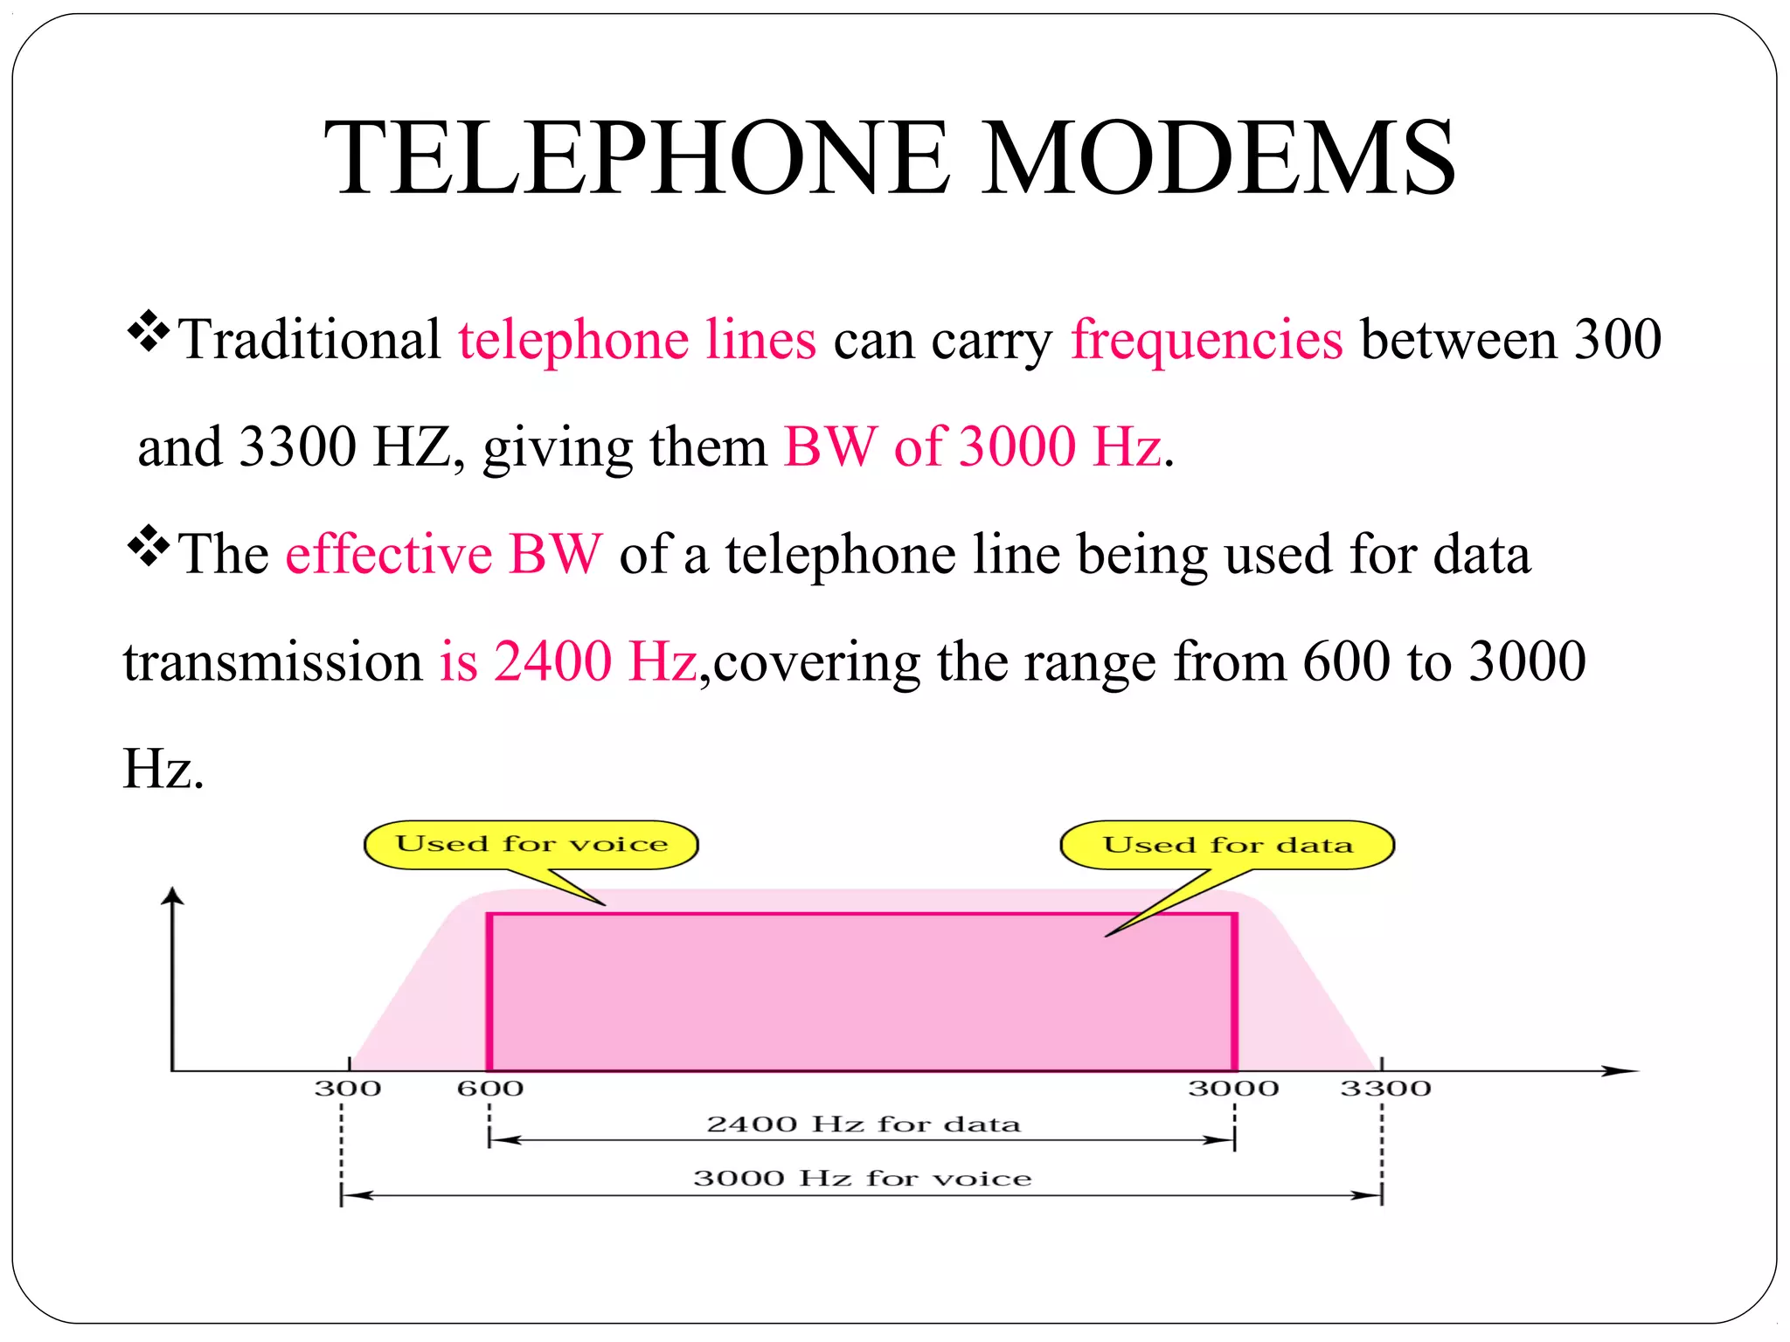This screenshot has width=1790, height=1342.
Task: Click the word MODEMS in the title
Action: tap(1218, 159)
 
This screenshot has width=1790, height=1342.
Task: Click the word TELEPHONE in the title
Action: tap(636, 159)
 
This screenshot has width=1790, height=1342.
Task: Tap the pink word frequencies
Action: tap(1206, 339)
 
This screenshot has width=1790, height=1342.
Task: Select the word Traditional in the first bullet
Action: tap(310, 339)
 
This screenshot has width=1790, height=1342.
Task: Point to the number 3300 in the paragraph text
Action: tap(297, 446)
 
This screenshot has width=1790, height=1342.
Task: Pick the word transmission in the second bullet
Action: tap(273, 661)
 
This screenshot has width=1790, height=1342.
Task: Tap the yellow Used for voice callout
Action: tap(531, 845)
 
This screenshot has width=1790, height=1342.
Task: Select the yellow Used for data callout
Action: tap(1227, 845)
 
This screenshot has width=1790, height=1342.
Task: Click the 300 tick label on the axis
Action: tap(348, 1089)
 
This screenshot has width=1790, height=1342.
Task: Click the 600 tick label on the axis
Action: tap(490, 1089)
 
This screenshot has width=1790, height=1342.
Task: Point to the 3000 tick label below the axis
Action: tap(1233, 1089)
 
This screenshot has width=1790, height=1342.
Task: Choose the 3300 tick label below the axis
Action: tap(1385, 1089)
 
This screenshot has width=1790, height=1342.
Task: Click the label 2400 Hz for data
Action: tap(863, 1124)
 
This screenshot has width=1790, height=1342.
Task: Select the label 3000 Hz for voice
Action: tap(863, 1179)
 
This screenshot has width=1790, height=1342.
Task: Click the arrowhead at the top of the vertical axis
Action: tap(174, 896)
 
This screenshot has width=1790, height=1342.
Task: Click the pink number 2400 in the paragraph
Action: tap(552, 661)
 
